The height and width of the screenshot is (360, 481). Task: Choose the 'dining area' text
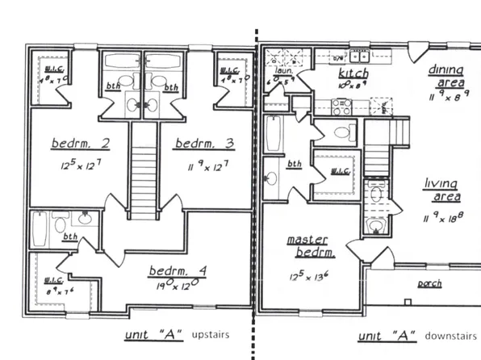click(x=445, y=76)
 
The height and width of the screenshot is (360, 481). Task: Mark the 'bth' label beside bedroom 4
click(x=70, y=237)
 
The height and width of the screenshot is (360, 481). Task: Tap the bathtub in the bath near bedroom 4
click(x=39, y=230)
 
